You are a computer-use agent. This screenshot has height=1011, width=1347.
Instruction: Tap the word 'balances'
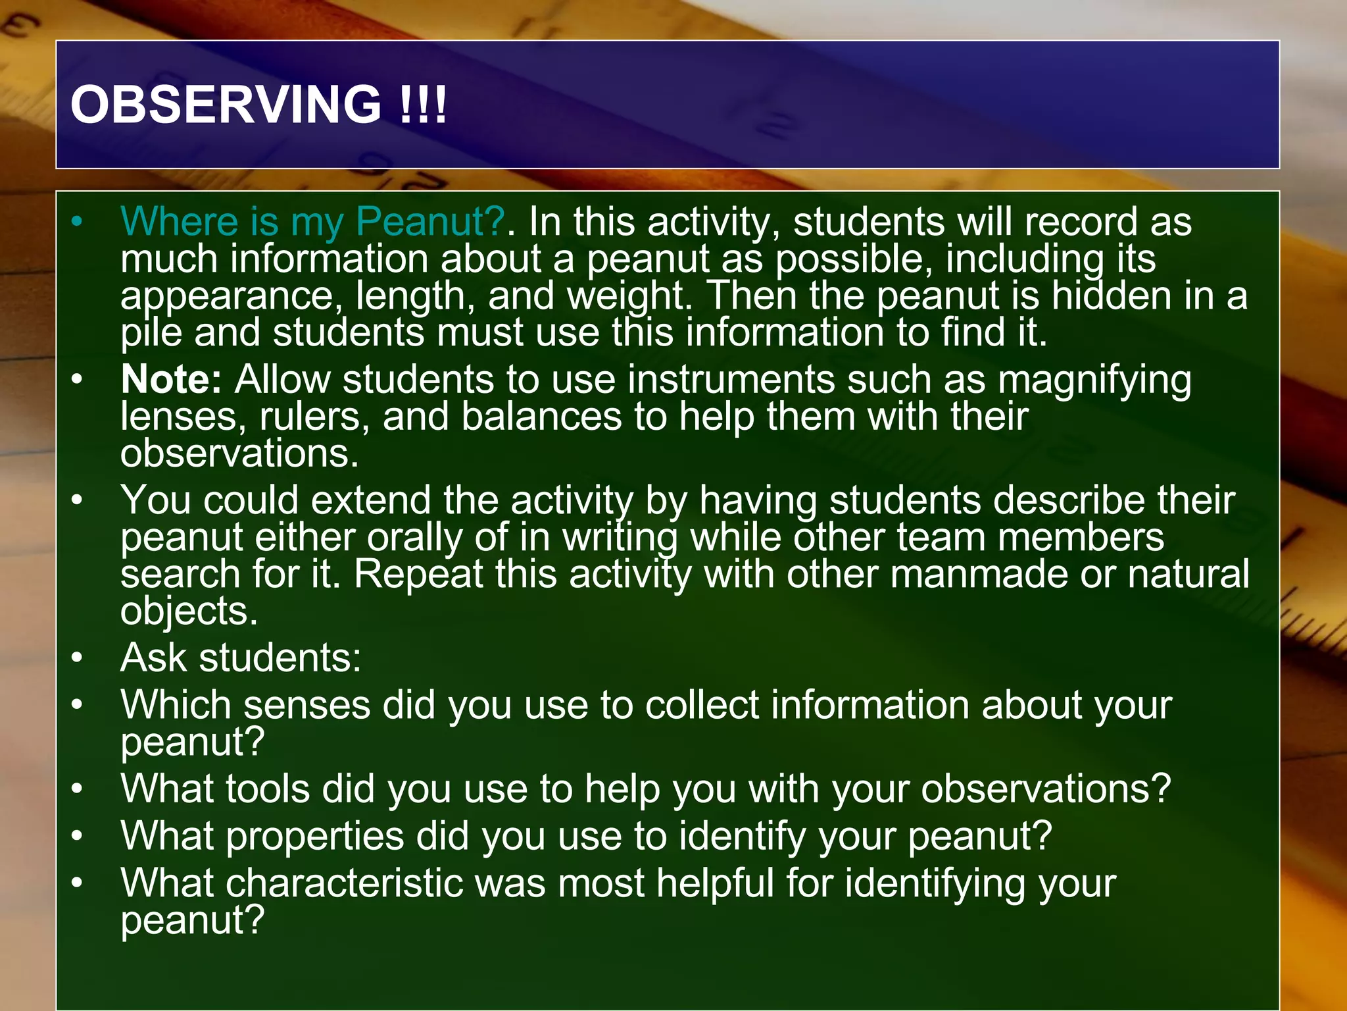tap(541, 417)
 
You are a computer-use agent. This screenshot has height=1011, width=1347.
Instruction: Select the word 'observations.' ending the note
tap(239, 454)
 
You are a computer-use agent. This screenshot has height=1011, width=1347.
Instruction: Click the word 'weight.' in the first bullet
tap(629, 296)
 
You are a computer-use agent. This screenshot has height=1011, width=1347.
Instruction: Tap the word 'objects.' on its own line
tap(189, 611)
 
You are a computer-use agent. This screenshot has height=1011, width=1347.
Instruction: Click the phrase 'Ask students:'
tap(241, 658)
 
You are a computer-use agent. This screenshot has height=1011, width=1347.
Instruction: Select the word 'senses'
tap(307, 705)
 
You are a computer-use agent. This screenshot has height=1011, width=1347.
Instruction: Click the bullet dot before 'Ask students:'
tap(78, 658)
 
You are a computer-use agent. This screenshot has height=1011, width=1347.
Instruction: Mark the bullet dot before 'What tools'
tap(78, 789)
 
